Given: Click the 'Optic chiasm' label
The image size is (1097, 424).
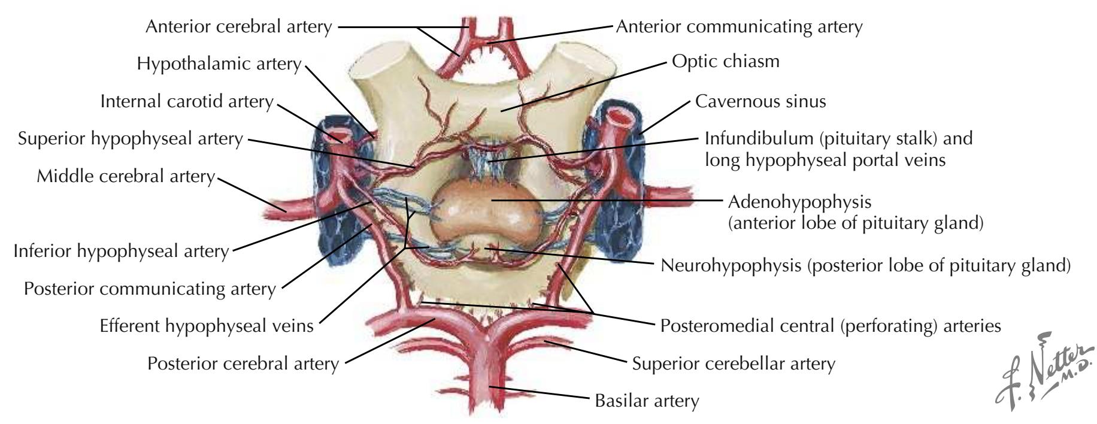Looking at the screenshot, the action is [x=725, y=62].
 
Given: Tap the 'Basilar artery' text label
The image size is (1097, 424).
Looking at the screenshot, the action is [x=647, y=400].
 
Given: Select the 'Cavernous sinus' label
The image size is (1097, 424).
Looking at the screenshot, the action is [x=760, y=101].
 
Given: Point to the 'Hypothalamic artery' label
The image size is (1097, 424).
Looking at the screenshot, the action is [x=219, y=63].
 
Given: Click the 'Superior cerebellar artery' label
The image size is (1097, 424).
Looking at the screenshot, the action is [x=734, y=364].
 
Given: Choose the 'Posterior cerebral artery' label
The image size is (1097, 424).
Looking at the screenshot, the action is [x=243, y=364].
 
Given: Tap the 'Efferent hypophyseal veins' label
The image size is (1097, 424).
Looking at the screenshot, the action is [x=207, y=326].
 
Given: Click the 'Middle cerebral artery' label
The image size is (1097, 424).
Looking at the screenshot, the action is [x=125, y=177].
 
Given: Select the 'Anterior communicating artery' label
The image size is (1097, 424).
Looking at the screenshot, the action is [x=740, y=27].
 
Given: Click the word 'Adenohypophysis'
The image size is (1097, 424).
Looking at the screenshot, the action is [x=799, y=201].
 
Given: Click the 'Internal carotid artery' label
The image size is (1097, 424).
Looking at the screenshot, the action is [x=187, y=101].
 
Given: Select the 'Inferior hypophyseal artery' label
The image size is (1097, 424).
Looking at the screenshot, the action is [x=121, y=251].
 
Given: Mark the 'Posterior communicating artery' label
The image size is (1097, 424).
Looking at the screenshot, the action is [x=150, y=289].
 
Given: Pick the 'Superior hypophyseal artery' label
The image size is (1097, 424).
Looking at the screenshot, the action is [x=131, y=139].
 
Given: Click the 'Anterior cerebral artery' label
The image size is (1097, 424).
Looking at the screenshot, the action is [x=239, y=27].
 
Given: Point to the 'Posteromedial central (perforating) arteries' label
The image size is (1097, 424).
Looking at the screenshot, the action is [x=831, y=326].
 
